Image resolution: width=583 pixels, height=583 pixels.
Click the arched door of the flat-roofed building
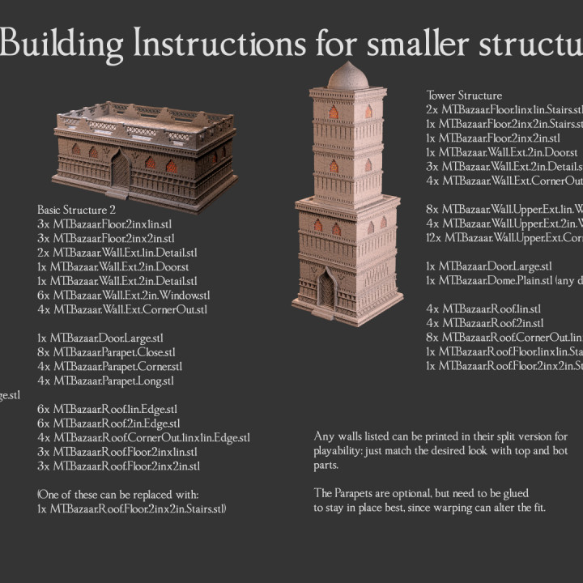tap(121, 172)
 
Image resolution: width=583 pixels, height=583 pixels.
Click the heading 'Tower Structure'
tap(464, 96)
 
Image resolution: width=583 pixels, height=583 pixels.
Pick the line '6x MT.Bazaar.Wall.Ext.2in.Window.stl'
tap(123, 296)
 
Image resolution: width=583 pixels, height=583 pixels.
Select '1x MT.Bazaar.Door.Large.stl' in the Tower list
tap(489, 266)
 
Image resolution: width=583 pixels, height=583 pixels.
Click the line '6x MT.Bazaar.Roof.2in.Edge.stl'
tap(107, 423)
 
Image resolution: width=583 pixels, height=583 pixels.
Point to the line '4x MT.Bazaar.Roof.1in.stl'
tap(483, 309)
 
